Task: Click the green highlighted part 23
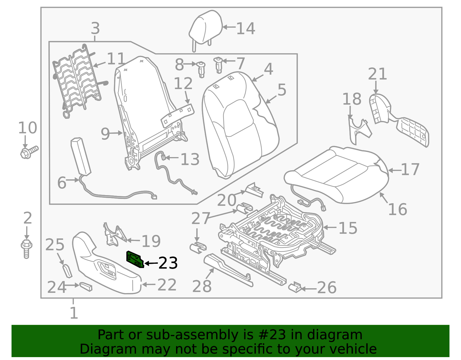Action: click(x=135, y=259)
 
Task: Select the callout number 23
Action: click(x=168, y=263)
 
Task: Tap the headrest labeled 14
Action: click(x=206, y=27)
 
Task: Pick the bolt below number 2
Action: click(x=27, y=248)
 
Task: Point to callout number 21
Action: click(x=377, y=74)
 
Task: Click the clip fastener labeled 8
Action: click(x=201, y=69)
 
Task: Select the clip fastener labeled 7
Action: click(x=219, y=65)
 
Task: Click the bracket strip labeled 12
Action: click(x=177, y=115)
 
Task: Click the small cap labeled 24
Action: click(x=86, y=286)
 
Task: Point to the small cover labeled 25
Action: click(x=67, y=270)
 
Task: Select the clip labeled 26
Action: click(x=295, y=287)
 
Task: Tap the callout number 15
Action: click(x=347, y=228)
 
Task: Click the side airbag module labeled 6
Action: click(x=81, y=156)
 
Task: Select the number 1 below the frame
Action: click(x=74, y=313)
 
